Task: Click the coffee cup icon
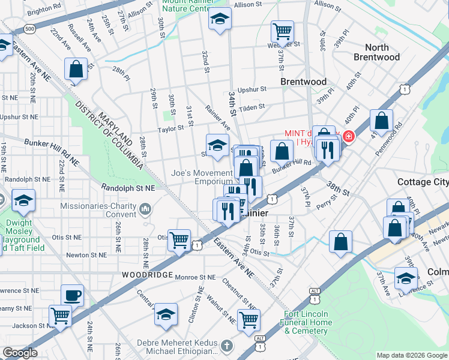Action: point(73,295)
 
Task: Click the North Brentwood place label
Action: point(376,52)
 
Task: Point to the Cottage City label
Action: point(423,182)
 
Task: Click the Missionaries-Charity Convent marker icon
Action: point(145,209)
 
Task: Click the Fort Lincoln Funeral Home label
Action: point(306,322)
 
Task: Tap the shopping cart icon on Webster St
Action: point(282,29)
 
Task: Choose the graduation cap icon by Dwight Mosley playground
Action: point(23,200)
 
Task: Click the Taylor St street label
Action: point(170,128)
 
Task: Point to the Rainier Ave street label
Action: point(217,118)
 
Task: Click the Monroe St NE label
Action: point(195,277)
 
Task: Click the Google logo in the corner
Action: point(20,353)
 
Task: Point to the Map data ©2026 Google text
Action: point(411,355)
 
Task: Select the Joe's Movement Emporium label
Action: point(202,176)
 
